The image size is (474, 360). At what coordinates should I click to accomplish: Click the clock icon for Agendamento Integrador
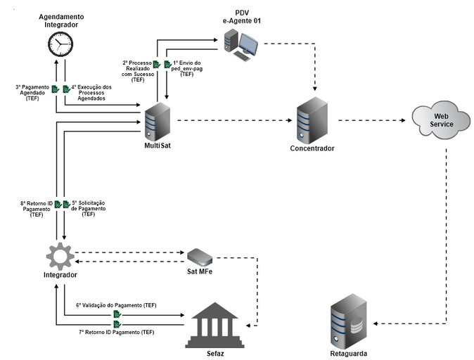[x=60, y=46]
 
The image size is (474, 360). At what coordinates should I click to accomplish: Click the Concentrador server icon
[x=312, y=120]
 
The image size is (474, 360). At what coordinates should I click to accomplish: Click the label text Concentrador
[x=312, y=148]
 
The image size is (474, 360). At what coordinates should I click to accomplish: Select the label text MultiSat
[x=157, y=146]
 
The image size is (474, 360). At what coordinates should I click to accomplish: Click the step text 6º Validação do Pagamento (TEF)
[x=115, y=306]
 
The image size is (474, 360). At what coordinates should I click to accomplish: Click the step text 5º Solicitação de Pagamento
[x=89, y=208]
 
